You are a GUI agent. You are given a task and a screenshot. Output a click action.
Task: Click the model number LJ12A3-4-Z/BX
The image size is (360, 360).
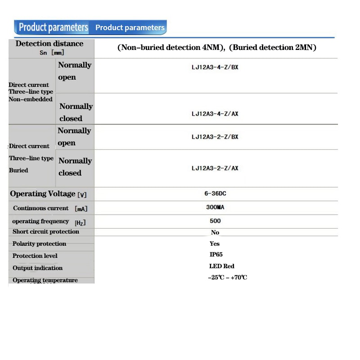[215, 67]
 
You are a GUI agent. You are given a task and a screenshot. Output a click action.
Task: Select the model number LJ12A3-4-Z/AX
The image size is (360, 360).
[215, 114]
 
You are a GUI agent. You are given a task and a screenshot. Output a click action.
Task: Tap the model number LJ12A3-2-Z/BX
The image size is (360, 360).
[215, 137]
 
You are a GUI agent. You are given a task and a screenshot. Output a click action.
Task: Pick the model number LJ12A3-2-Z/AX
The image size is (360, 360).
[215, 168]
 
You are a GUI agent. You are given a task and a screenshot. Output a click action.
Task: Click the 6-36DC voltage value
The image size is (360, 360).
[215, 193]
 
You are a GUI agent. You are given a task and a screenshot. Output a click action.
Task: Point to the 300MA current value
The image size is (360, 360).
[215, 208]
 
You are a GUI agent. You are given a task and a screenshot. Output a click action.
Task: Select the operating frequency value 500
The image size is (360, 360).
[215, 221]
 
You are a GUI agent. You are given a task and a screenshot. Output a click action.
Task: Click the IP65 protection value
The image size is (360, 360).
[216, 255]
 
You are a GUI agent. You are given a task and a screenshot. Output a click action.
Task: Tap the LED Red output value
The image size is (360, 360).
[222, 266]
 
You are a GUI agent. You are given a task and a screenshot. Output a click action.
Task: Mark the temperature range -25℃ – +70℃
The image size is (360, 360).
[227, 277]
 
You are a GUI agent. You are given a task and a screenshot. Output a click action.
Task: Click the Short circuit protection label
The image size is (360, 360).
[45, 232]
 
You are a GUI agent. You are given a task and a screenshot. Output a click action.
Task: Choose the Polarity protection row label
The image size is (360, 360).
[39, 244]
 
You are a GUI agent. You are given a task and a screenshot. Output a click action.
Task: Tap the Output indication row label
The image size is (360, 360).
[37, 268]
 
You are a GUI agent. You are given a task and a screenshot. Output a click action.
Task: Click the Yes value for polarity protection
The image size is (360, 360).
[215, 243]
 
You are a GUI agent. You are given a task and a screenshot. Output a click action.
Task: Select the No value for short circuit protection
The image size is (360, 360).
[215, 233]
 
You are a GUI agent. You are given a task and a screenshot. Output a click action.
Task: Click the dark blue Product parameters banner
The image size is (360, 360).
[53, 27]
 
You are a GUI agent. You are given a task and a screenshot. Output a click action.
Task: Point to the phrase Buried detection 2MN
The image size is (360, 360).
[274, 47]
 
